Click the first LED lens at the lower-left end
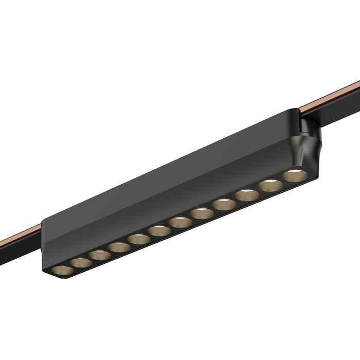(x=62, y=269)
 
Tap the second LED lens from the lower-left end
(x=81, y=262)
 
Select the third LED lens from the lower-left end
(x=99, y=255)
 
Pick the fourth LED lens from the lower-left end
(x=119, y=247)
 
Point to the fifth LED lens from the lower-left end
(x=139, y=239)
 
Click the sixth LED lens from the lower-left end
(x=159, y=231)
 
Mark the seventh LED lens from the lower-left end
(x=180, y=222)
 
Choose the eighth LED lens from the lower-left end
(x=202, y=213)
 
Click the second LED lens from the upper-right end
(x=271, y=186)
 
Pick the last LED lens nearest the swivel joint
(x=295, y=175)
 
